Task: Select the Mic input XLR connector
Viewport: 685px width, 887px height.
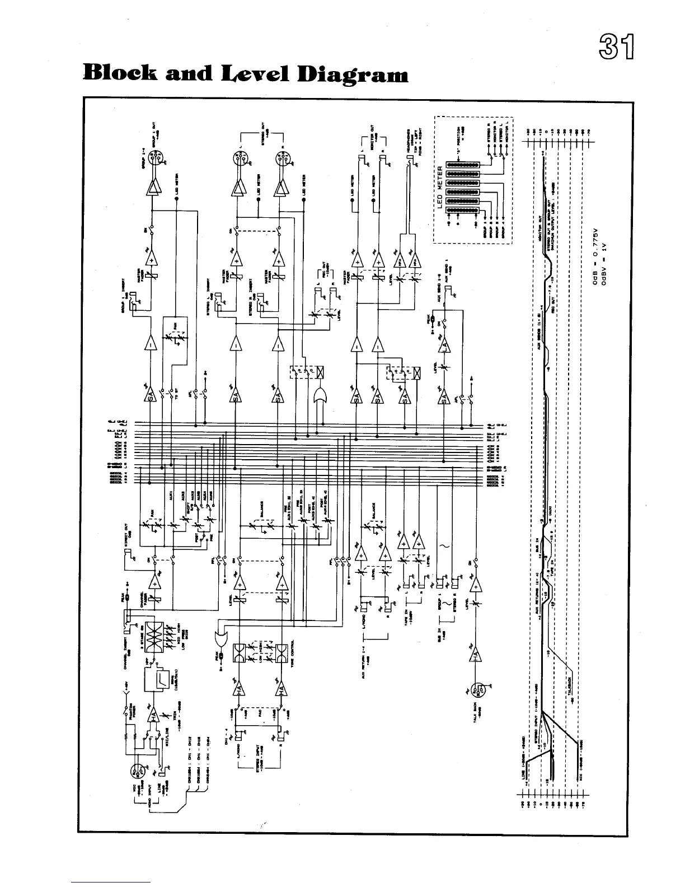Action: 136,773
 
